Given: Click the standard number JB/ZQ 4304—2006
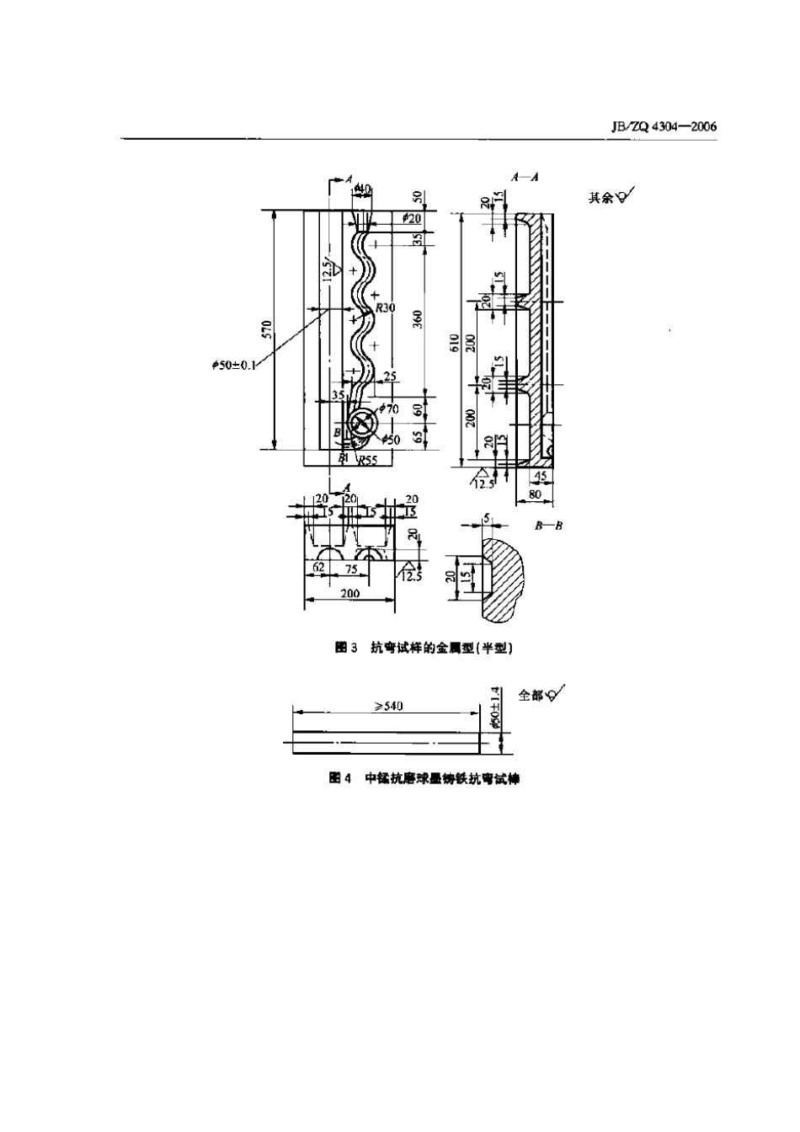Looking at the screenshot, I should pos(661,126).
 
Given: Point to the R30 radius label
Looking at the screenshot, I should pos(385,308).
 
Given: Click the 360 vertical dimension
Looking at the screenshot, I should pos(419,319).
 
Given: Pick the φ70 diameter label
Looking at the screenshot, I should pos(388,408).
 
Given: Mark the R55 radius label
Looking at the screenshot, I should pos(367,460).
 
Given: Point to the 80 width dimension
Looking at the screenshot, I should pos(534,495).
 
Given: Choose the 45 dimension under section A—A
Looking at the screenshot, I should pos(541,477).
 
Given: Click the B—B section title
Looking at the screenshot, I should pos(548,525).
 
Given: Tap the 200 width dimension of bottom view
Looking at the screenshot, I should pos(349,593).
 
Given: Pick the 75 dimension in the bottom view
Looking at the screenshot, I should pos(351,569).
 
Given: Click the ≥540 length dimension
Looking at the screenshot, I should pos(388,706).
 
